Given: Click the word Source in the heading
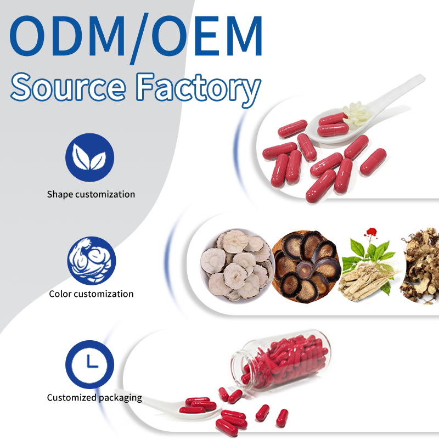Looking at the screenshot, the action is tap(68, 87).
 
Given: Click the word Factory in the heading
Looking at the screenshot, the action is tap(198, 89).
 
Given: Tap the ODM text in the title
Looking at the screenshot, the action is tap(67, 36).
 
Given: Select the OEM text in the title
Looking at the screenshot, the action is tap(207, 36).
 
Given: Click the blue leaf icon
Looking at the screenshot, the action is tap(89, 157).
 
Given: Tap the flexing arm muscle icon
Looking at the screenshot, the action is tap(91, 261).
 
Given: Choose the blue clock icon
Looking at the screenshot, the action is tap(89, 364).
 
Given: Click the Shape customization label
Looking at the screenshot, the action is tap(91, 194).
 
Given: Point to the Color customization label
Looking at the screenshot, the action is tap(91, 294).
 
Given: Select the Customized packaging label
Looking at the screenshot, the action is tap(94, 398).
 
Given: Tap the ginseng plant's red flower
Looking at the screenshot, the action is tap(372, 232).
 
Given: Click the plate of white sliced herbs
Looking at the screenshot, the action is tap(237, 266).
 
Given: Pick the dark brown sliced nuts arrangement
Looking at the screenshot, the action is tap(306, 267).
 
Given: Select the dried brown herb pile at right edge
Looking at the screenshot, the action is tap(420, 267).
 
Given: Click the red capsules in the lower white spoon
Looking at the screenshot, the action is tap(198, 405).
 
